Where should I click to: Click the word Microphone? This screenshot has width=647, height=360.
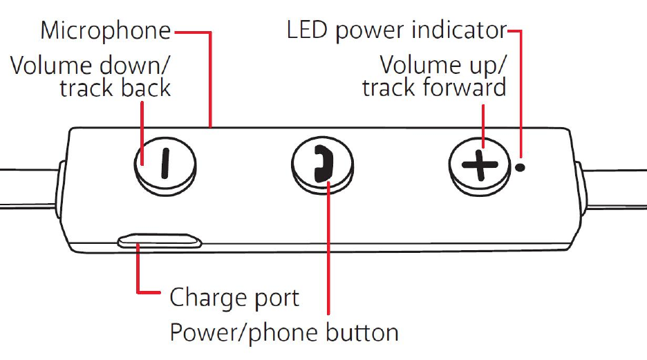[106, 30]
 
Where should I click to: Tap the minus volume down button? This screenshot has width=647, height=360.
[163, 165]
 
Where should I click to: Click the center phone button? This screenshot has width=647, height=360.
[322, 166]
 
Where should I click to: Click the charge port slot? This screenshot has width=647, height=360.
[160, 241]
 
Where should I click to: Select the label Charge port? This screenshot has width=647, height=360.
[234, 298]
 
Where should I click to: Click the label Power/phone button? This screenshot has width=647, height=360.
[284, 332]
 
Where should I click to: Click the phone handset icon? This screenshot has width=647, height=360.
[323, 166]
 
